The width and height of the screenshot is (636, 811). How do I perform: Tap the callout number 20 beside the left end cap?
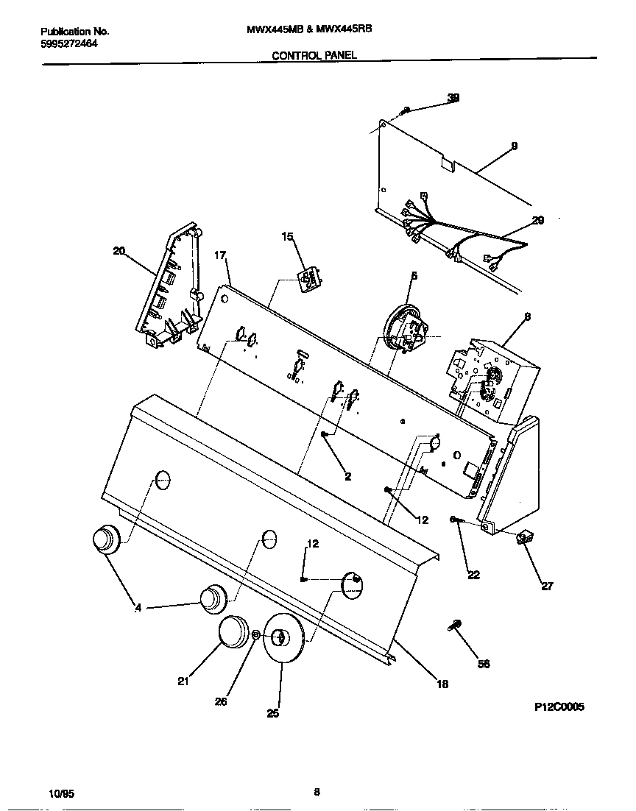pyautogui.click(x=119, y=251)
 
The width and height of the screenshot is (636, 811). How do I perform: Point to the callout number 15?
pyautogui.click(x=287, y=236)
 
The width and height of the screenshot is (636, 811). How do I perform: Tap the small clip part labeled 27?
pyautogui.click(x=526, y=539)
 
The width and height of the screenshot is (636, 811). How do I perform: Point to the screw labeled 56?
pyautogui.click(x=454, y=626)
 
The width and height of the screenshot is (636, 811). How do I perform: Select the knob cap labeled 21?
pyautogui.click(x=236, y=633)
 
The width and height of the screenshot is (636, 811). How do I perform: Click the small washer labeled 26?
pyautogui.click(x=256, y=635)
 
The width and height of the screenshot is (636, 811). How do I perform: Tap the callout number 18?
pyautogui.click(x=442, y=684)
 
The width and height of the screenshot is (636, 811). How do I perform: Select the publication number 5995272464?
pyautogui.click(x=70, y=43)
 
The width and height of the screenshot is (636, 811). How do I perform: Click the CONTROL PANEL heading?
pyautogui.click(x=314, y=55)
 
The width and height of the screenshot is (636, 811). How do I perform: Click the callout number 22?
pyautogui.click(x=473, y=575)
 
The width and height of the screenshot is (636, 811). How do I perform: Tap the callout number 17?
pyautogui.click(x=219, y=255)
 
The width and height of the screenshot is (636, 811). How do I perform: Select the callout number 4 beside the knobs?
pyautogui.click(x=138, y=607)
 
